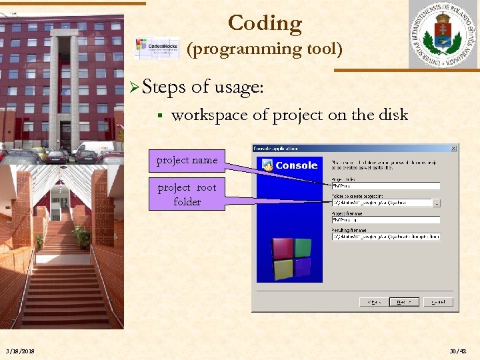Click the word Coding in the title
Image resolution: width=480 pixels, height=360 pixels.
point(265,23)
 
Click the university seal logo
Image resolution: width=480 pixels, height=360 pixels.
point(443,35)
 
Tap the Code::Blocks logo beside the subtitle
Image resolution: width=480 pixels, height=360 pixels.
point(157,49)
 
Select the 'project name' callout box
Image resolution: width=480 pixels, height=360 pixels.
point(187,160)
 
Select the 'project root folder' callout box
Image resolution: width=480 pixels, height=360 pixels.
point(187,195)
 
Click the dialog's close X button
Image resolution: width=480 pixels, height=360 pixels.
point(453,148)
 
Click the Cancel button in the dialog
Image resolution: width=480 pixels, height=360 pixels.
point(437,302)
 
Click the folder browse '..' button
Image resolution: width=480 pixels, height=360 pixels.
point(437,203)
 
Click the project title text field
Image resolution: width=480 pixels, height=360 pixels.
point(385,186)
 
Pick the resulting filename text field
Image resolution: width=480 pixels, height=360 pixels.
point(385,237)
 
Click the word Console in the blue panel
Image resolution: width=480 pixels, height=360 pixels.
point(296,165)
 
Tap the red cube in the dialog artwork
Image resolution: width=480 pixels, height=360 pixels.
point(283,249)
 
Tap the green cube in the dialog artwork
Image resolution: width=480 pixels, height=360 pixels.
point(303,247)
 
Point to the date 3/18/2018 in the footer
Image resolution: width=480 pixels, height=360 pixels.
point(21,351)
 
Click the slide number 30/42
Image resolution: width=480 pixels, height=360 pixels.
point(459,351)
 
